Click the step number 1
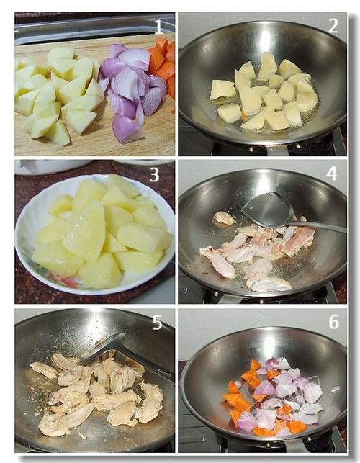coord(158,27)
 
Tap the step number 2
coord(333,26)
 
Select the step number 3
coord(155,175)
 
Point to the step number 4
coord(332,174)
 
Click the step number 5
coord(158,323)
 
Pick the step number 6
coord(334,322)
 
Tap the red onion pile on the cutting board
coord(133,89)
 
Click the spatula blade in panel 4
coord(267,209)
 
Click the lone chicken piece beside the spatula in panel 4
coord(224,218)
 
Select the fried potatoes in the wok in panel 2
coord(264,92)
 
